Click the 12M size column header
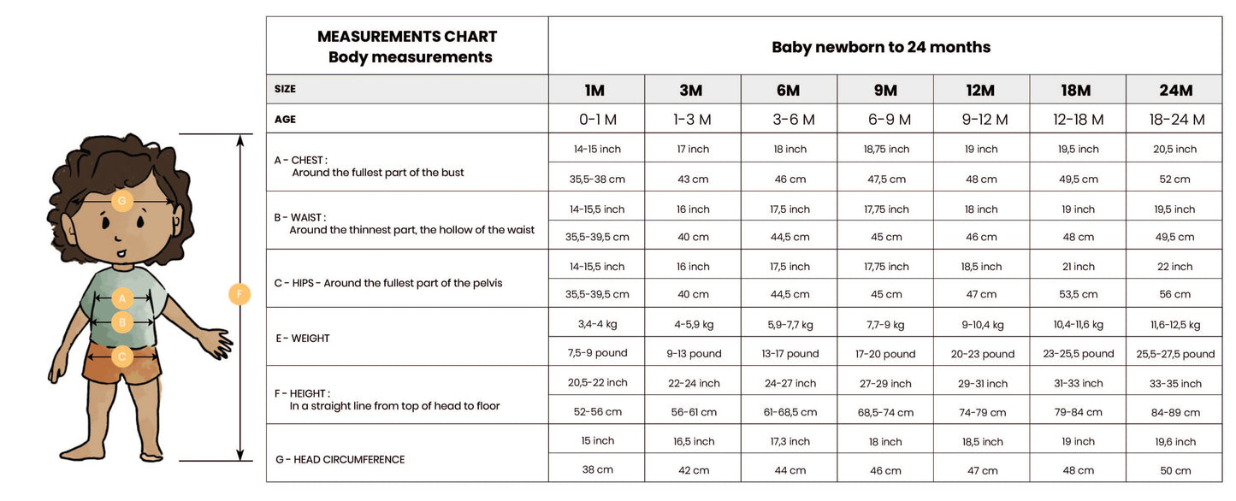[980, 90]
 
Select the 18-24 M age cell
[1176, 120]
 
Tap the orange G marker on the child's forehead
[121, 201]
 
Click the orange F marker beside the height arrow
[240, 295]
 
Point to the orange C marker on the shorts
[122, 357]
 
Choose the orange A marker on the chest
[122, 298]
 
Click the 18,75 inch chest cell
[886, 149]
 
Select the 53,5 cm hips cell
[1078, 294]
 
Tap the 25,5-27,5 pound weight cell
[1175, 354]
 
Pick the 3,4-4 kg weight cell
[597, 325]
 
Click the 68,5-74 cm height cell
[885, 412]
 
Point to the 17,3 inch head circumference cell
[789, 442]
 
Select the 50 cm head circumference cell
[1176, 470]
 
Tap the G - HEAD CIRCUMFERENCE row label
[340, 460]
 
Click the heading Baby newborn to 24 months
[881, 47]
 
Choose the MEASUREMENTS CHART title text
[407, 37]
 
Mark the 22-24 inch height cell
[694, 383]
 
